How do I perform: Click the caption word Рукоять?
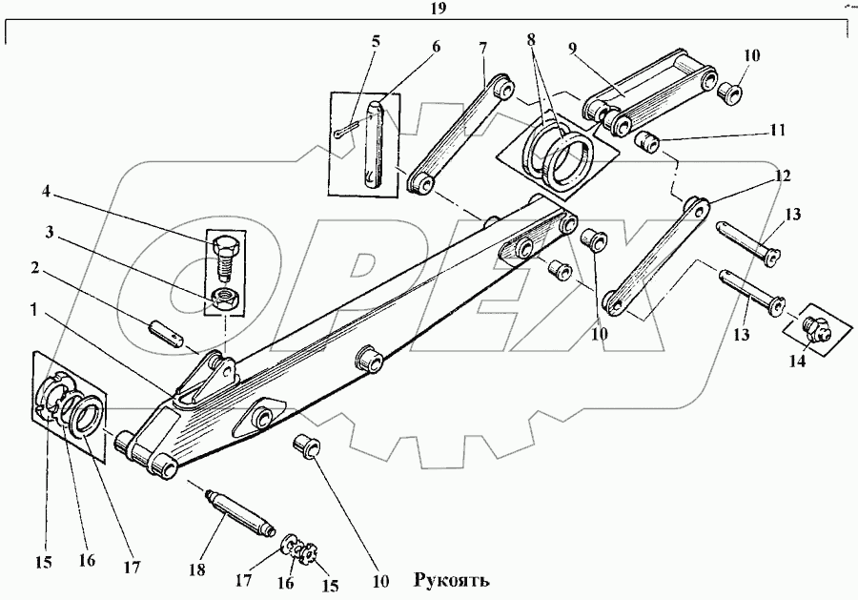(x=453, y=580)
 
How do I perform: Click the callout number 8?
(x=531, y=42)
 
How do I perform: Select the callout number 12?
(x=783, y=176)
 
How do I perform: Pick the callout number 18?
(x=196, y=569)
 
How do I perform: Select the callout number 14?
(x=796, y=361)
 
